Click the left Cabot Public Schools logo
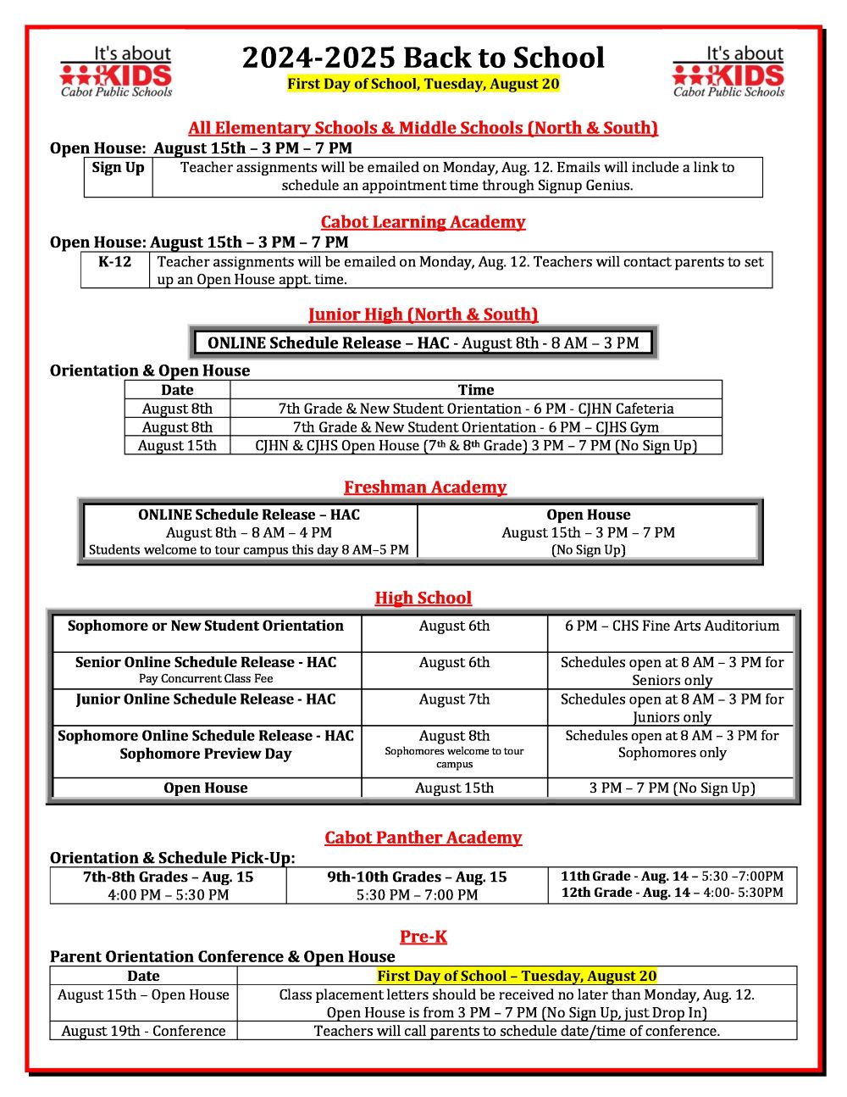[x=116, y=72]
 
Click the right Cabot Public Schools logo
[x=728, y=72]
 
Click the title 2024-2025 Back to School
[x=423, y=58]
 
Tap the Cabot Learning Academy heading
[x=423, y=222]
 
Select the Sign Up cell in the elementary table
[x=119, y=176]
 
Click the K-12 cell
[x=115, y=270]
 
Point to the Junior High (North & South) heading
[x=423, y=315]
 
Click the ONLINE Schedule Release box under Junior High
[x=423, y=343]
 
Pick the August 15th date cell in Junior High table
[x=177, y=446]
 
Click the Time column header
[x=476, y=390]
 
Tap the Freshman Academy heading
[x=424, y=487]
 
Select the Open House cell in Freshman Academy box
[x=588, y=532]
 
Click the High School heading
[x=423, y=599]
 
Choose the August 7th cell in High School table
[x=454, y=700]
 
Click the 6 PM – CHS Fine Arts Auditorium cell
[x=672, y=626]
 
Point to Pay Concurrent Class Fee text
[x=206, y=679]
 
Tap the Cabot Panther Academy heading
[x=423, y=838]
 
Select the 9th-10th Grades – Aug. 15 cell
[x=417, y=886]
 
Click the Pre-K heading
[x=423, y=937]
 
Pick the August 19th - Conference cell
[x=143, y=1032]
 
